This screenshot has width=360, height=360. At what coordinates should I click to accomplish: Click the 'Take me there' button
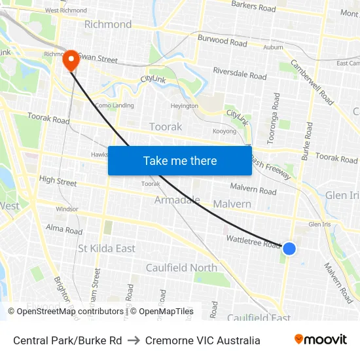[180, 160]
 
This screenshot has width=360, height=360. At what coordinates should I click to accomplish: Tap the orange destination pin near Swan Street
[71, 61]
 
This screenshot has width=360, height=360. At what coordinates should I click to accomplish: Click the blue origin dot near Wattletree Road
[289, 248]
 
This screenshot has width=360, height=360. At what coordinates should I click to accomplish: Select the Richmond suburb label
[108, 24]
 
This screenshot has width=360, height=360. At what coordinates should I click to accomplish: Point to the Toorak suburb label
[166, 126]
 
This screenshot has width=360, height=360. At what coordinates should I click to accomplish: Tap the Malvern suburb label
[232, 204]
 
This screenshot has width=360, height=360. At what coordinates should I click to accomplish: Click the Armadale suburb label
[177, 200]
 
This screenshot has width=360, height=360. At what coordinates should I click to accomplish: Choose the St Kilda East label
[107, 249]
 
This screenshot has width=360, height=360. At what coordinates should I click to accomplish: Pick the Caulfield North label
[181, 268]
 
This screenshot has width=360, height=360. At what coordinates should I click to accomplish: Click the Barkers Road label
[253, 7]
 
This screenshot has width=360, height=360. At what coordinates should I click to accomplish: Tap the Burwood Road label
[223, 41]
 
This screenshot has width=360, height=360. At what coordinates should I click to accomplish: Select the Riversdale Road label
[240, 73]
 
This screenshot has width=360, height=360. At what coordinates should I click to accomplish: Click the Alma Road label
[64, 230]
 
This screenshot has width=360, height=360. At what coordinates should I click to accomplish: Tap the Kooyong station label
[224, 132]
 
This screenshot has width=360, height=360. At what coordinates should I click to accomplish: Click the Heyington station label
[184, 105]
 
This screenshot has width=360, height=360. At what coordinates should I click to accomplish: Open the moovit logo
[320, 340]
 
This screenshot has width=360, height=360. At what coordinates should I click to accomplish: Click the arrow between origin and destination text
[134, 340]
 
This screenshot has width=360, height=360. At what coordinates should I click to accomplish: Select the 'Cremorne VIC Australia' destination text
[203, 340]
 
